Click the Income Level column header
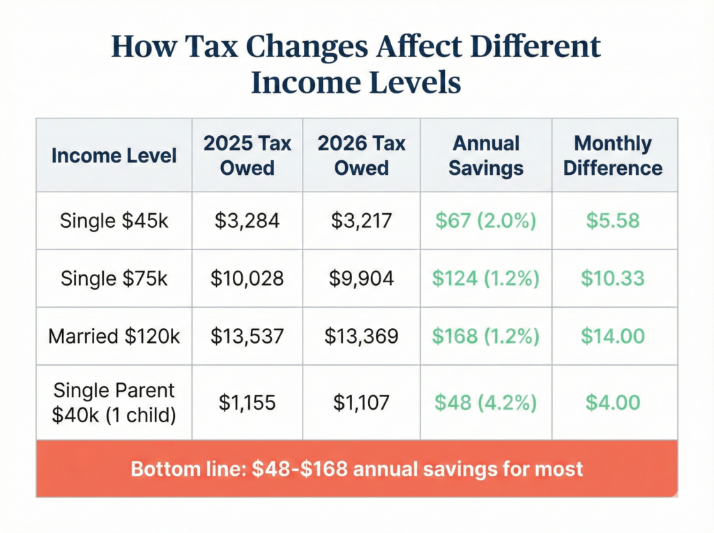(114, 155)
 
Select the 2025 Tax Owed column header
(248, 155)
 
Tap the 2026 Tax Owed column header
(361, 155)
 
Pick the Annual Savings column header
(486, 155)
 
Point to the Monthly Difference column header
(613, 155)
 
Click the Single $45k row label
(114, 221)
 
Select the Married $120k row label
(114, 337)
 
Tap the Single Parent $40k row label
(114, 402)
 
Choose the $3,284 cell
(248, 221)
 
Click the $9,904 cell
(361, 279)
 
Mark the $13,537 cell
(248, 337)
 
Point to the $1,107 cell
(361, 402)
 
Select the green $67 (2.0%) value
(485, 221)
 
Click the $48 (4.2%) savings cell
(485, 402)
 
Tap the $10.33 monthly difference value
(613, 279)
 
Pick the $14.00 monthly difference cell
(613, 337)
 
